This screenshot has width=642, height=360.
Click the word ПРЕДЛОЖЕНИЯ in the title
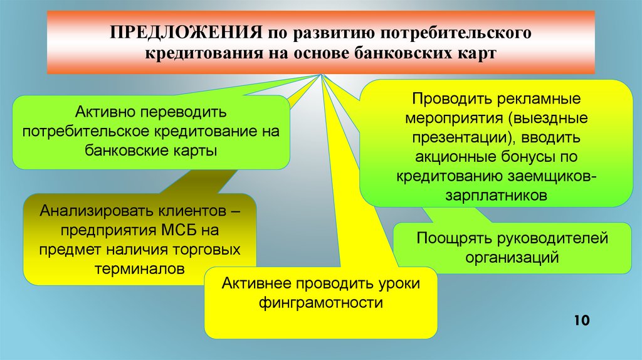coord(186,31)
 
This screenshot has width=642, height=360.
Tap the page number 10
coord(581,321)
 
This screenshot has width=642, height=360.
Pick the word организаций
coord(512,257)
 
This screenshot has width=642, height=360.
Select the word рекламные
coord(544,99)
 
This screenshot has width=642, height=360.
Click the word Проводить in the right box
coord(451,99)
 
